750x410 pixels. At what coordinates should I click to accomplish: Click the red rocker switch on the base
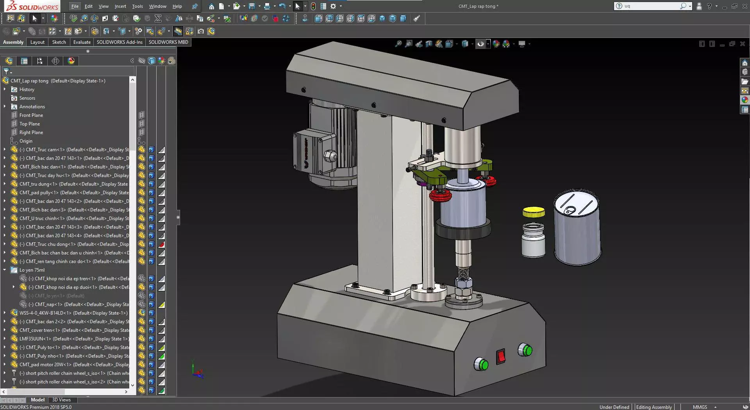coord(501,356)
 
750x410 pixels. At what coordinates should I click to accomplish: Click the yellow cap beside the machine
coord(534,212)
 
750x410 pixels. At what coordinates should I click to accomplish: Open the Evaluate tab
coord(82,42)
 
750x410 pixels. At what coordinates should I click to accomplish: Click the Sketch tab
coord(59,42)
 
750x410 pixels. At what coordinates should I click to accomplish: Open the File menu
coord(75,6)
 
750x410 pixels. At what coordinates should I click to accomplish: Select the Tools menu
coord(137,6)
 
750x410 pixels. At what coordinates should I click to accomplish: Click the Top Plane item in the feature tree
coord(30,124)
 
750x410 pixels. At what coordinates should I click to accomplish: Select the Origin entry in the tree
coord(26,141)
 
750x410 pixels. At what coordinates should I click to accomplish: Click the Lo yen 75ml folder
coord(32,270)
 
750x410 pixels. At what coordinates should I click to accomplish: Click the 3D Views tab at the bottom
coord(61,400)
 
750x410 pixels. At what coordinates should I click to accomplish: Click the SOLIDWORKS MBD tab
coord(168,42)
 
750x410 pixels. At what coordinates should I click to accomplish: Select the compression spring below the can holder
coord(463,272)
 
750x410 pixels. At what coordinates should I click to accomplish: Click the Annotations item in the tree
coord(32,107)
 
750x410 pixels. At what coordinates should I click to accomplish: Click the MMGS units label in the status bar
coord(700,407)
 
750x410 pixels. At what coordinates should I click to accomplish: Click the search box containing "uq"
coord(650,6)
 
